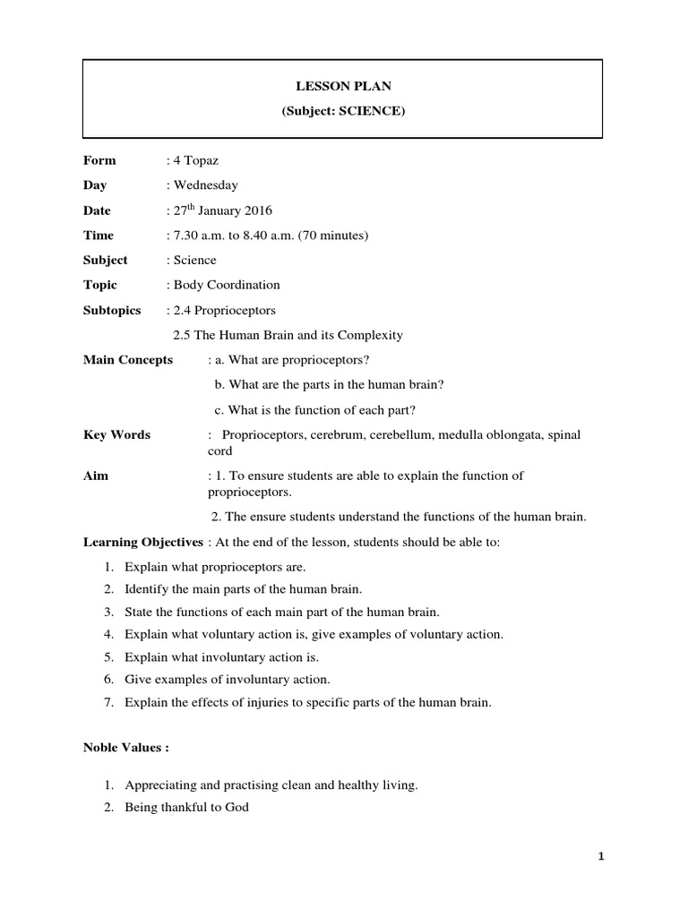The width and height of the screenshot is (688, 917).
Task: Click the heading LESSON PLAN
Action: [x=343, y=86]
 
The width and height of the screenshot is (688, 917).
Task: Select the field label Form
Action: [x=99, y=160]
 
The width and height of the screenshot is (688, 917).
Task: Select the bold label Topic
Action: [x=100, y=285]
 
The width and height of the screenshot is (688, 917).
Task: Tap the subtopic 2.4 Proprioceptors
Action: [x=222, y=310]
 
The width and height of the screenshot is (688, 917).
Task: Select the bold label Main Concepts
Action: [x=128, y=360]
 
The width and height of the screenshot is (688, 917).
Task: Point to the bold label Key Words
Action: [x=116, y=435]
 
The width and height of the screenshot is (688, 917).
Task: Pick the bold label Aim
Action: [x=96, y=476]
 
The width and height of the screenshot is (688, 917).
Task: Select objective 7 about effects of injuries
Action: [x=308, y=703]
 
